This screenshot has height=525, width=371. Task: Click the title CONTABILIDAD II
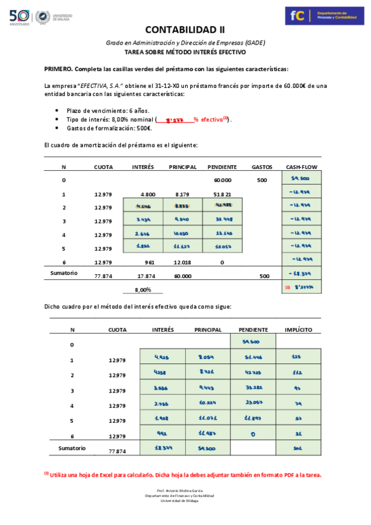click(x=185, y=29)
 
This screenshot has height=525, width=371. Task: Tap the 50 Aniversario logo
click(x=19, y=17)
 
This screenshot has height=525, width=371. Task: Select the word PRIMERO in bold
click(x=59, y=68)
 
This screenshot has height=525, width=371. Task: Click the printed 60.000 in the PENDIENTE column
click(x=222, y=180)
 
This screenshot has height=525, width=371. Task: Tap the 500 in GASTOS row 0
click(x=262, y=180)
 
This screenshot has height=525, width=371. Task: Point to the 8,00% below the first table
click(x=143, y=290)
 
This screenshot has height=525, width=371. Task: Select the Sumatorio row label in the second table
click(x=72, y=448)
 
